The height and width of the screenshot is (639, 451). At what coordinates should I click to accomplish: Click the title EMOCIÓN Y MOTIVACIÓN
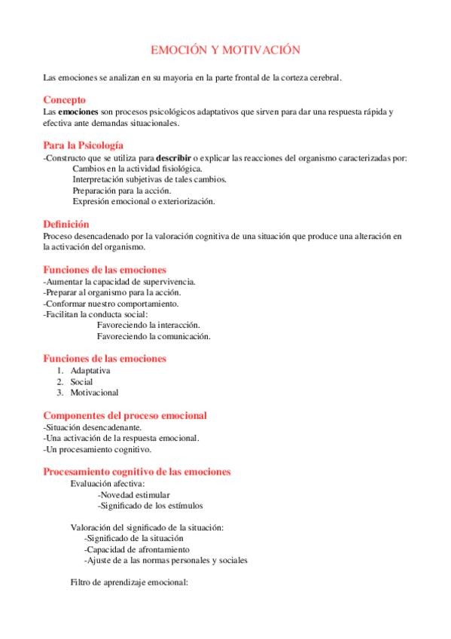pyautogui.click(x=225, y=50)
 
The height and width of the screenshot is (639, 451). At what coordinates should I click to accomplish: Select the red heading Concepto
pyautogui.click(x=64, y=99)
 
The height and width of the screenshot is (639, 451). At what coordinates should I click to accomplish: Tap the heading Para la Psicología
pyautogui.click(x=84, y=145)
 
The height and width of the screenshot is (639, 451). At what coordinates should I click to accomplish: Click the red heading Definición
pyautogui.click(x=66, y=224)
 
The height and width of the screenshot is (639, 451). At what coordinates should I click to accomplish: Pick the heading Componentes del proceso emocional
pyautogui.click(x=125, y=415)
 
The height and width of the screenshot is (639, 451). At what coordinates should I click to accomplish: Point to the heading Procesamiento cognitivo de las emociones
pyautogui.click(x=137, y=472)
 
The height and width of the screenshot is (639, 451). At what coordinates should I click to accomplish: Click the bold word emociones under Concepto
pyautogui.click(x=79, y=112)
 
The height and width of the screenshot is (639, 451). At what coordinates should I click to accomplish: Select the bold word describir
pyautogui.click(x=177, y=157)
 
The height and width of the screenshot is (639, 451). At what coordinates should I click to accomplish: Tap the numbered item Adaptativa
pyautogui.click(x=90, y=371)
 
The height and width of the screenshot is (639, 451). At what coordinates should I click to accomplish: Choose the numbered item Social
pyautogui.click(x=82, y=382)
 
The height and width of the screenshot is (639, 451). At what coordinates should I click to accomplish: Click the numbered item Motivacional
pyautogui.click(x=95, y=393)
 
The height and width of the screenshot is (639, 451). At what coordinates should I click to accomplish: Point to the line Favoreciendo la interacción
pyautogui.click(x=148, y=325)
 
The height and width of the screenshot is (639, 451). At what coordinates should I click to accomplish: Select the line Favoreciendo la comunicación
pyautogui.click(x=154, y=336)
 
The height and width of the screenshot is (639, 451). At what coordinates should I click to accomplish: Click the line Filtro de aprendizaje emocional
pyautogui.click(x=129, y=582)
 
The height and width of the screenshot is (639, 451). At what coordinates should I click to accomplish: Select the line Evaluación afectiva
pyautogui.click(x=108, y=484)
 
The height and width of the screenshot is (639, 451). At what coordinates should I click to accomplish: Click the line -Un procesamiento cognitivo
pyautogui.click(x=97, y=450)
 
